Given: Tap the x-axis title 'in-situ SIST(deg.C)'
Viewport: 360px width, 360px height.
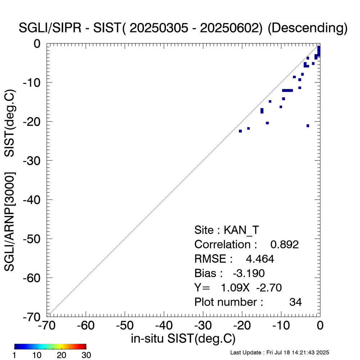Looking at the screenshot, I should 183,338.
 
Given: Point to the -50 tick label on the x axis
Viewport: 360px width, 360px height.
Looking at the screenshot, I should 125,325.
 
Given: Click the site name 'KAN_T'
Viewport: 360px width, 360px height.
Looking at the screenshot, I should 242,230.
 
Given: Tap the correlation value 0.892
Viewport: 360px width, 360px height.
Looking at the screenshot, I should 284,244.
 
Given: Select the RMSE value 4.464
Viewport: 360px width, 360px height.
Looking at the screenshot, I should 260,259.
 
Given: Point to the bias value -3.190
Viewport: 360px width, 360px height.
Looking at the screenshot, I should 249,273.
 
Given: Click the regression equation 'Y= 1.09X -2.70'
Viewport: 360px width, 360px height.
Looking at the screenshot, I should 238,288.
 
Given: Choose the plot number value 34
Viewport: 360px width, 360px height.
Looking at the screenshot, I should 296,302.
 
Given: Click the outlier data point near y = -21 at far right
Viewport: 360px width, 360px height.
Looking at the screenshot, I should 308,126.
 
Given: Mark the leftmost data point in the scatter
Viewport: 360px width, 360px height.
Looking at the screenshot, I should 240,131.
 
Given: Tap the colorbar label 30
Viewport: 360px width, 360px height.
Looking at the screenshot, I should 86,355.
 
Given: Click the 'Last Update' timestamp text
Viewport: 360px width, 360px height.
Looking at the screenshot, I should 279,352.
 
